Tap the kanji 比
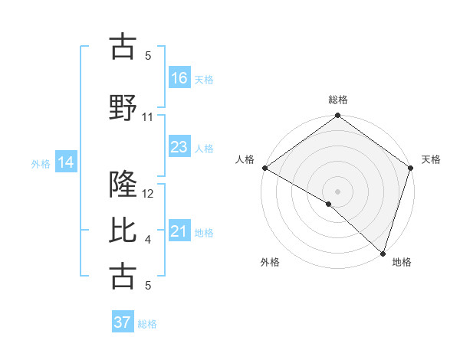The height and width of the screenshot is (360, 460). [x=123, y=231]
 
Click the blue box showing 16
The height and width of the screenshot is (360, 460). [x=179, y=77]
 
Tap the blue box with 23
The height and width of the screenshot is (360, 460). [x=179, y=146]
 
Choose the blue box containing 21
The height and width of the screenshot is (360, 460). [x=179, y=231]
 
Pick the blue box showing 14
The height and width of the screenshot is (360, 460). [x=66, y=162]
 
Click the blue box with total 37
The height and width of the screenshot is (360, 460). [x=123, y=322]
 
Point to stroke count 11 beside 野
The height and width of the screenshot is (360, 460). [x=148, y=117]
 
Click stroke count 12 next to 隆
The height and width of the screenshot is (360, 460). [x=149, y=194]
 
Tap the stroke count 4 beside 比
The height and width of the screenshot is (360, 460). [x=148, y=240]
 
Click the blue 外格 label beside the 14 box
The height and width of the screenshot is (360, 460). [x=41, y=163]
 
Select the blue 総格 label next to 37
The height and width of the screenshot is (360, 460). [x=147, y=324]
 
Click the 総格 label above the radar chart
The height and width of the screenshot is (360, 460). [x=337, y=100]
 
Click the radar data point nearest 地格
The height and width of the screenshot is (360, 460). [x=383, y=254]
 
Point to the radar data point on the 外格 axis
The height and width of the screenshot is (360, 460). [x=329, y=204]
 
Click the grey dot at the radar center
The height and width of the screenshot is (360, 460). [x=337, y=191]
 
